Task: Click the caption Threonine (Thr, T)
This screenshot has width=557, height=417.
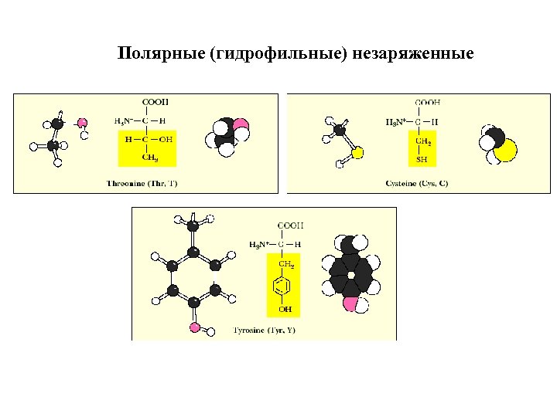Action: point(142,183)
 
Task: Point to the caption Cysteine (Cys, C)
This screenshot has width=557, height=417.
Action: point(416,183)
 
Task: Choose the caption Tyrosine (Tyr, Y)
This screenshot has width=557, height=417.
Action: point(264,331)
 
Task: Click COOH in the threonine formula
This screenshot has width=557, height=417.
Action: point(155,101)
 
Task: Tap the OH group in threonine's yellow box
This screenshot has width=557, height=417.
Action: point(166,139)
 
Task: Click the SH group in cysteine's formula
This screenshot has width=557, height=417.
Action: point(422,159)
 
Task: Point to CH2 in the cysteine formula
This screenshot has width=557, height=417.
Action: point(424,141)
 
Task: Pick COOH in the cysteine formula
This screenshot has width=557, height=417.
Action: point(428,101)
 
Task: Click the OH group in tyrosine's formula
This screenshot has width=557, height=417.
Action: point(285,309)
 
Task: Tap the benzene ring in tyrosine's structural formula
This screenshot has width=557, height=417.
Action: point(284,287)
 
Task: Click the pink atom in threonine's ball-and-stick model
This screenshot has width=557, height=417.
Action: point(82,123)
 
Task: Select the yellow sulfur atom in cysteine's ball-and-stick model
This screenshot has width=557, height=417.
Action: point(357,152)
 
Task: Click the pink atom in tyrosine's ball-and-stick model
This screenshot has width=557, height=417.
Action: point(194,327)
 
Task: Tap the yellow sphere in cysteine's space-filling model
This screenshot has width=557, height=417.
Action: point(505,150)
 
